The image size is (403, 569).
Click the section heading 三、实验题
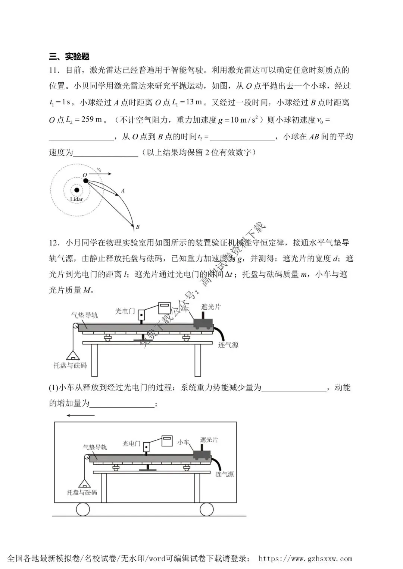point(69,56)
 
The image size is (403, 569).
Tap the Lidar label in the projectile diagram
point(76,199)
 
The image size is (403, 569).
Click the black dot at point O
point(86,181)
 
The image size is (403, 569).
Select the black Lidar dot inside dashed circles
point(76,190)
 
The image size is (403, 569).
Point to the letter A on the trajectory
point(123,190)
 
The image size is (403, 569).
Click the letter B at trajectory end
point(138,227)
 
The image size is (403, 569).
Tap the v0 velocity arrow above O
point(100,174)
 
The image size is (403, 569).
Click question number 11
point(54,70)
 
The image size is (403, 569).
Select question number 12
point(54,243)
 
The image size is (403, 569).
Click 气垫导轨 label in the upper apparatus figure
point(84,315)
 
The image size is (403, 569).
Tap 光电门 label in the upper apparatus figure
point(125,311)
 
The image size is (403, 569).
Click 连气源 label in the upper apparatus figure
point(228,345)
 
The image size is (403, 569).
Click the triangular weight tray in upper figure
point(73,355)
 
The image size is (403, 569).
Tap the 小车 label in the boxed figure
point(183,442)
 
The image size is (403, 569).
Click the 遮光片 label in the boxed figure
point(209,440)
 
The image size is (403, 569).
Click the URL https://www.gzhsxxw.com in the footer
point(305,559)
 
